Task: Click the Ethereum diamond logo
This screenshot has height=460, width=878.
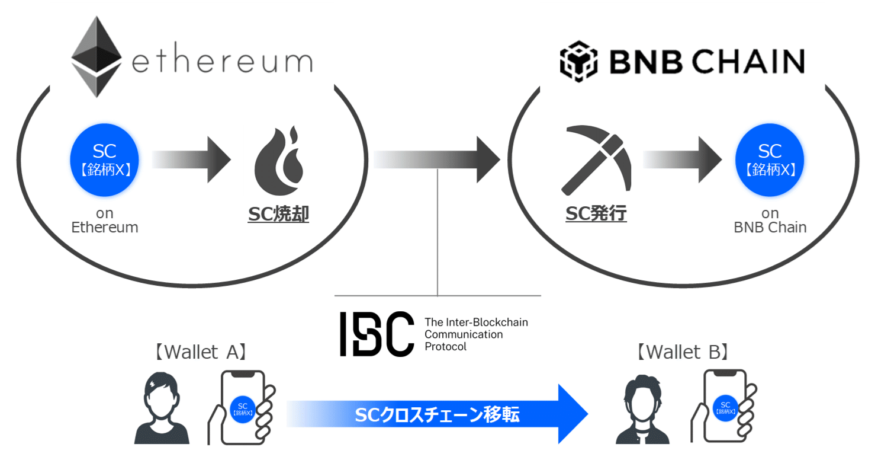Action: pyautogui.click(x=97, y=57)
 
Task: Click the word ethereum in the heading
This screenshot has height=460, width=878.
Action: pyautogui.click(x=222, y=60)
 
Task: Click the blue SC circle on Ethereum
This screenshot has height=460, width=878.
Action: pyautogui.click(x=105, y=159)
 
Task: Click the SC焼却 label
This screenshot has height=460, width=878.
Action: pyautogui.click(x=278, y=214)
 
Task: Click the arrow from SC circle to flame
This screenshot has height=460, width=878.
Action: pyautogui.click(x=191, y=159)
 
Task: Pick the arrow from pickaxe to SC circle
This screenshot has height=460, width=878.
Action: pyautogui.click(x=681, y=159)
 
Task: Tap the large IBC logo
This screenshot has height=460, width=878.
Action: pyautogui.click(x=377, y=334)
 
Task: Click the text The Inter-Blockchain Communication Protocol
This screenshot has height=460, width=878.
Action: pyautogui.click(x=476, y=334)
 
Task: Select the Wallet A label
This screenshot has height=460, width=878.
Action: pyautogui.click(x=200, y=352)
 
